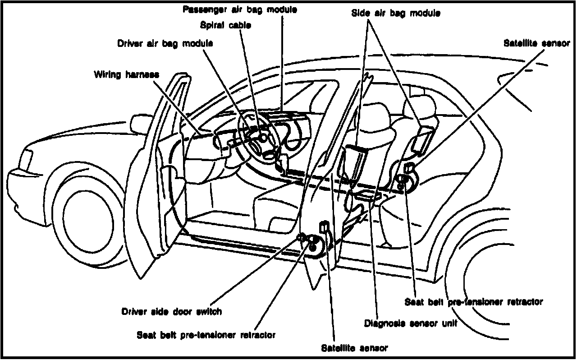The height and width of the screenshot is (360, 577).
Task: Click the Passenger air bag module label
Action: (x=240, y=9)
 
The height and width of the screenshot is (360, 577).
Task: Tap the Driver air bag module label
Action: (x=165, y=44)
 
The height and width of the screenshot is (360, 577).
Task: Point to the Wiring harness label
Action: (x=126, y=74)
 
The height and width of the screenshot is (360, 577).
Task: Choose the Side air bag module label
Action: (x=396, y=14)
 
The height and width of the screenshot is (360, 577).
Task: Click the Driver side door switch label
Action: (x=172, y=312)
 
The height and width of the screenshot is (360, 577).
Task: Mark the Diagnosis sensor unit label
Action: (x=411, y=323)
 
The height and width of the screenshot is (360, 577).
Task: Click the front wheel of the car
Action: (x=88, y=217)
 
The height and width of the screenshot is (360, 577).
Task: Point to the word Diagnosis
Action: (x=383, y=323)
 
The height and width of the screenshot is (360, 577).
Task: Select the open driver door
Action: (x=158, y=180)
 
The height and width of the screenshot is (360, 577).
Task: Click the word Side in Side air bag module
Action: (x=359, y=14)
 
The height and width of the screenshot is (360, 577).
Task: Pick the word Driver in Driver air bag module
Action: (x=128, y=44)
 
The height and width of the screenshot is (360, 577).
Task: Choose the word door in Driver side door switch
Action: (x=181, y=312)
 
